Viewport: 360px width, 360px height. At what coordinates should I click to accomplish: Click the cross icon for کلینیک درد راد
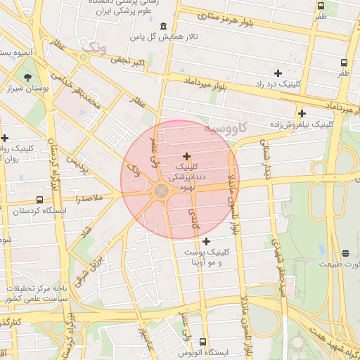pos(278,73)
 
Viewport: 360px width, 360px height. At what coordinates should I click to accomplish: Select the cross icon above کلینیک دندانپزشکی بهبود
pos(186,156)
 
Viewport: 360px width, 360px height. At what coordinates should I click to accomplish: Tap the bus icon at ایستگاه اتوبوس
pos(203,342)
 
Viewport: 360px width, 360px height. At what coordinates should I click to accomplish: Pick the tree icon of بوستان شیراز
pos(27,77)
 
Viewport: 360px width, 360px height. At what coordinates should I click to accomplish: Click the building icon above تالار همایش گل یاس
pos(163,27)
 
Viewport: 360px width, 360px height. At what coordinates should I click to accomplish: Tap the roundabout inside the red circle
pos(161,191)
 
